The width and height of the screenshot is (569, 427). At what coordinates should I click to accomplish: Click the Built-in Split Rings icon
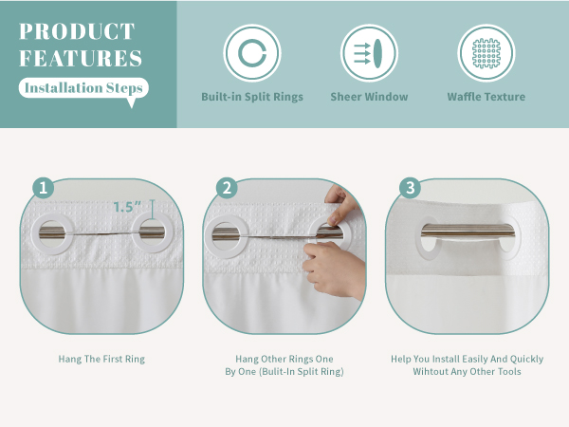[251, 53]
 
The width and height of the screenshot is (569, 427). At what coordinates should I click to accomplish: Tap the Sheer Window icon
[369, 53]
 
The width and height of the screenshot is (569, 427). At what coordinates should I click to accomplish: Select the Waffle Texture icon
[486, 53]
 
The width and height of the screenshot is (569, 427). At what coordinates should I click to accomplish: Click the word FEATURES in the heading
[81, 59]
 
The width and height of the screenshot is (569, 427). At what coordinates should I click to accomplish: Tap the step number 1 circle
[42, 188]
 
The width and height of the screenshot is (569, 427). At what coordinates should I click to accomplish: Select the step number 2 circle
[226, 188]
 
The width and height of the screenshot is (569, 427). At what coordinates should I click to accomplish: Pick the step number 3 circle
[410, 188]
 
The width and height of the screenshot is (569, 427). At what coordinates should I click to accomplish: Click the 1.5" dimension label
[130, 206]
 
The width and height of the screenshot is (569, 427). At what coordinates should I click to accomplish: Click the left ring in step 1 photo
[51, 233]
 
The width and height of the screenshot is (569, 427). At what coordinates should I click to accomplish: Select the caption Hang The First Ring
[102, 360]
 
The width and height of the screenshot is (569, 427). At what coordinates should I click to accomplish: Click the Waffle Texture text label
[486, 97]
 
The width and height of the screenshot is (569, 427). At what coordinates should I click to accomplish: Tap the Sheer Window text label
[369, 97]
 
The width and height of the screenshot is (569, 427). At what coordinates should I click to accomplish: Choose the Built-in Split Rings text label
[251, 97]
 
